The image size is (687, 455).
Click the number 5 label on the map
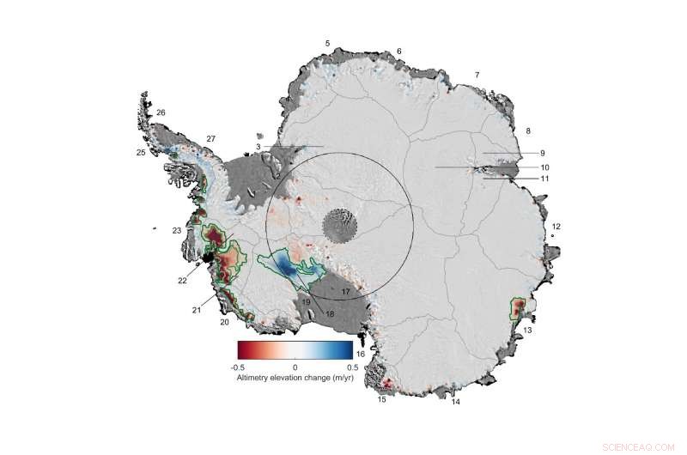[x=326, y=42]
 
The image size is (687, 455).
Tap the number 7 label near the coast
[x=477, y=75]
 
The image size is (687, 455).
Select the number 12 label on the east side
[x=556, y=226]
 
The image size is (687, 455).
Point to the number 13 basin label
[x=527, y=330]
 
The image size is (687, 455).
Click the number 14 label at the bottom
[x=456, y=401]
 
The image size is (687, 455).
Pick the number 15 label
[x=382, y=397]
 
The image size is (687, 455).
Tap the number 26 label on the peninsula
[x=161, y=112]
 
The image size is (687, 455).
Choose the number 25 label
[x=140, y=153]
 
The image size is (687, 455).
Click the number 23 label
[x=176, y=230]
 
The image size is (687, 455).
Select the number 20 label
[x=224, y=322]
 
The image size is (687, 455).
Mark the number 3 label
[x=258, y=148]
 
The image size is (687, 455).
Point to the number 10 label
[x=544, y=166]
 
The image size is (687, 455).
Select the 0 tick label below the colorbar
[x=295, y=367]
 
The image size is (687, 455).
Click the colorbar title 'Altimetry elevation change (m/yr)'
[x=295, y=378]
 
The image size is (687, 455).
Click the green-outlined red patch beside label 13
[x=520, y=309]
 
